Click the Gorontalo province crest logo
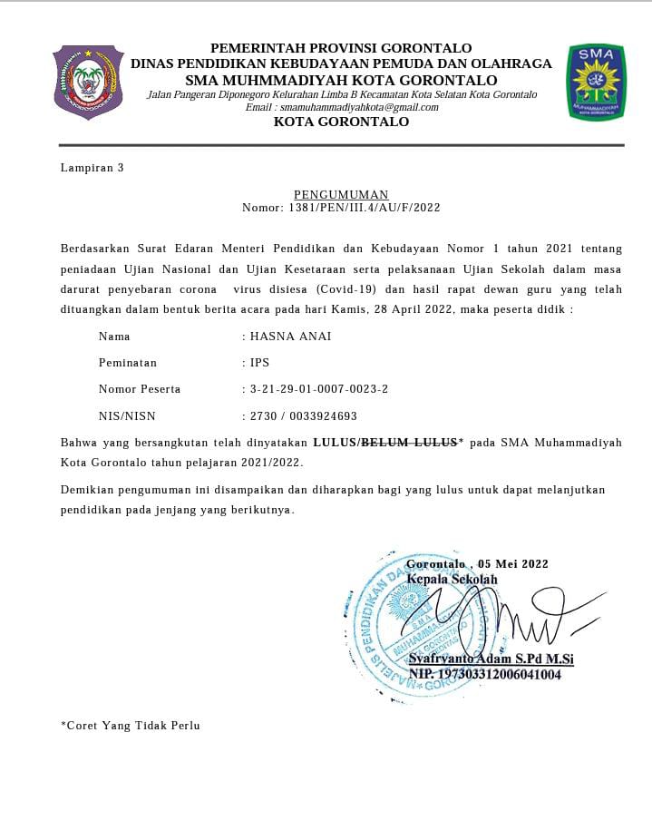88,82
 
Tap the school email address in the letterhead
341,107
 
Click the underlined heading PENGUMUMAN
341,194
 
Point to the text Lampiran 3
92,168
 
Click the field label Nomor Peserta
139,389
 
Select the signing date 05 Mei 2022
513,564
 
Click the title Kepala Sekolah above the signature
452,579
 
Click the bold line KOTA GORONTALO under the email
341,122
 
